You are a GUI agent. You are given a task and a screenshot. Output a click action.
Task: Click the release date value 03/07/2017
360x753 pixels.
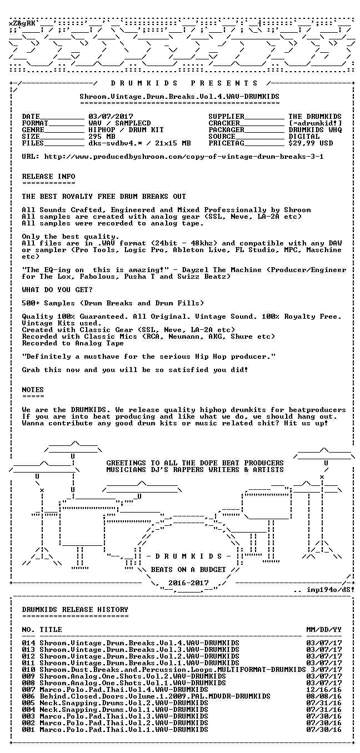[111, 117]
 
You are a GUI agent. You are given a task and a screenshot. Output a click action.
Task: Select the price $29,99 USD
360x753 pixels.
[311, 143]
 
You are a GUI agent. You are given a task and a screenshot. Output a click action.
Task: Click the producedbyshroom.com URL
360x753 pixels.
[184, 157]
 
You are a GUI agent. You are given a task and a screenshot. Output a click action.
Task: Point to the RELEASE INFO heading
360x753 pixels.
[48, 177]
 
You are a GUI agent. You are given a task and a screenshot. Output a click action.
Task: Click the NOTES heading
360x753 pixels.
[33, 390]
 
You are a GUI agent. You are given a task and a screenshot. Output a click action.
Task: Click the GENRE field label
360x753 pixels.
[33, 130]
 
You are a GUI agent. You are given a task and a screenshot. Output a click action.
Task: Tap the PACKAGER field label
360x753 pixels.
[226, 130]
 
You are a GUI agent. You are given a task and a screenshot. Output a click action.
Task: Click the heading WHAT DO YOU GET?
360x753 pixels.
[57, 290]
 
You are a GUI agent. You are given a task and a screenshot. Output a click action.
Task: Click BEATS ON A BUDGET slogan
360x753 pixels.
[188, 569]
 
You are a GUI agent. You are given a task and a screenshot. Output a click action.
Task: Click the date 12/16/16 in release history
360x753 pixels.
[324, 690]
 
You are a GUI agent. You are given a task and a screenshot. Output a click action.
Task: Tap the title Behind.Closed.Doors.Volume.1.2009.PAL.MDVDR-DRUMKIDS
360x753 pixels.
[155, 696]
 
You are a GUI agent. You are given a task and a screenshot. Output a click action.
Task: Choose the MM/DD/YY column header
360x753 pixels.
[324, 630]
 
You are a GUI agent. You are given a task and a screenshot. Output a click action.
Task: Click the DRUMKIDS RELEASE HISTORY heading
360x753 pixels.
[75, 610]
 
